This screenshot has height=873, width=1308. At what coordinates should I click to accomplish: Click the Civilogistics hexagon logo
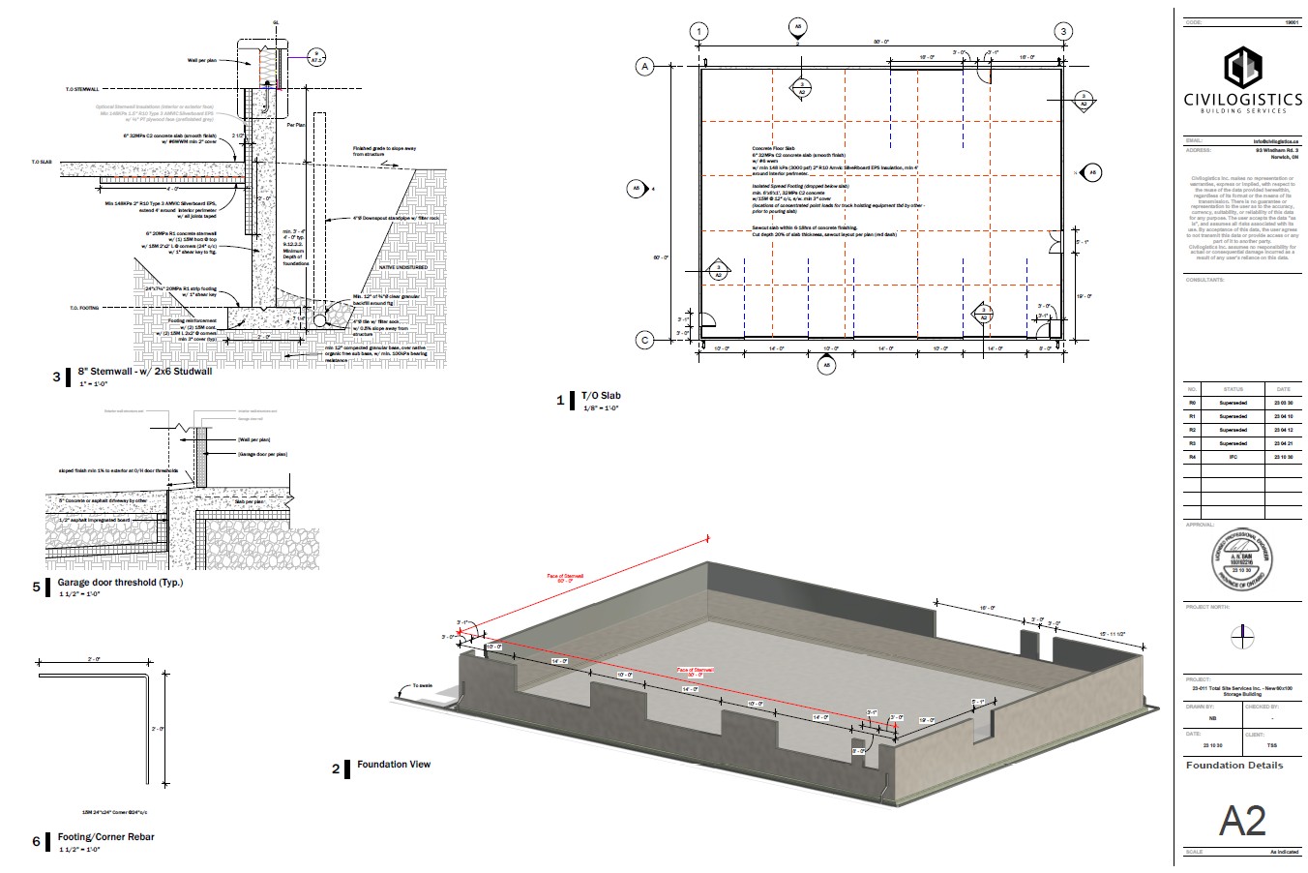(1241, 68)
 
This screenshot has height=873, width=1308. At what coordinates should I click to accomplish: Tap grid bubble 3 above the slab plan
(1063, 32)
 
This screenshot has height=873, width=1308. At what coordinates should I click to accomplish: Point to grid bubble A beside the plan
(643, 66)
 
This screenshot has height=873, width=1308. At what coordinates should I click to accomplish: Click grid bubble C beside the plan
(643, 340)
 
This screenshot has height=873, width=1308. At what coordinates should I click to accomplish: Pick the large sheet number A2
(1241, 821)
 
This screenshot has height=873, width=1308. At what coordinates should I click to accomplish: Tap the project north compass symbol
(1242, 637)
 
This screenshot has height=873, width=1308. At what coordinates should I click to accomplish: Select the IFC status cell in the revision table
(1233, 456)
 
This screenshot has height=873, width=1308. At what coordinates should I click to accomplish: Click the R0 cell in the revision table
(1192, 402)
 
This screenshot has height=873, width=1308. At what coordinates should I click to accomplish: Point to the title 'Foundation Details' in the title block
(1234, 766)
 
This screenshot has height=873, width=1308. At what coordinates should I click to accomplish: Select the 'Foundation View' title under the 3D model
(394, 765)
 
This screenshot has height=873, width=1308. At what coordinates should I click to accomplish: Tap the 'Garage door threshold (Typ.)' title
(120, 583)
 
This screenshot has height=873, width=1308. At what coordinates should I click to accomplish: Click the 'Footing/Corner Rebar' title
(105, 837)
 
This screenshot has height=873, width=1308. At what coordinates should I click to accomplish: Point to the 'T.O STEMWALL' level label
(83, 89)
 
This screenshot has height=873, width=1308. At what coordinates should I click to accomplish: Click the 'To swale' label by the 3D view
(423, 685)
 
